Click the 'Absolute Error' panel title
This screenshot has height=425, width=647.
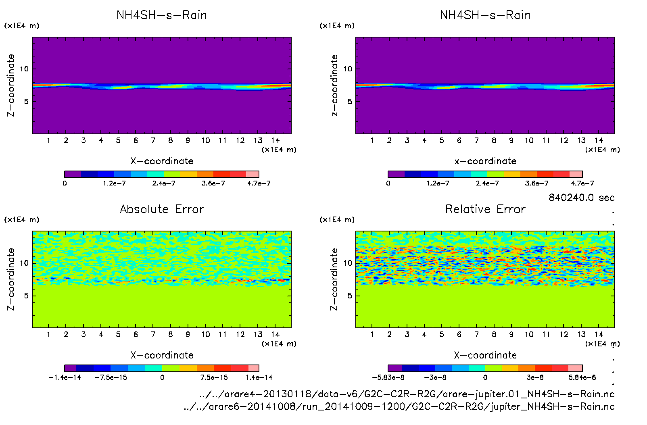(x=162, y=209)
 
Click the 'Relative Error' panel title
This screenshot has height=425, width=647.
(x=485, y=209)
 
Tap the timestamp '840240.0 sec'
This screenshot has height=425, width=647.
(x=581, y=198)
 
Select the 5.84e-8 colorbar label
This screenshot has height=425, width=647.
(x=582, y=377)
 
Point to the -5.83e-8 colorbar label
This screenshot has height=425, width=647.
(x=388, y=377)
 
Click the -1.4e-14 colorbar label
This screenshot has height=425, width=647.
(x=65, y=377)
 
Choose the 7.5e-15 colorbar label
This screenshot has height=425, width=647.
(x=214, y=377)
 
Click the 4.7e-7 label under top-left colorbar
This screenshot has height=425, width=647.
(x=259, y=183)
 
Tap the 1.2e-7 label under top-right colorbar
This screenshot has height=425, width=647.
(x=438, y=183)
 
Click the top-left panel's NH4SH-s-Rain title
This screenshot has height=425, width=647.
(x=162, y=15)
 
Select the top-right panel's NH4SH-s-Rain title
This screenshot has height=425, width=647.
(x=485, y=15)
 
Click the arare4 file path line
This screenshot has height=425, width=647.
(x=407, y=394)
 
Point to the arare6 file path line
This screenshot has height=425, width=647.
(x=399, y=406)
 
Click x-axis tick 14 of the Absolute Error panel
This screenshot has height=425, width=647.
(x=275, y=334)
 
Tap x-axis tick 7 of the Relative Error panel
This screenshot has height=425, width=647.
(x=476, y=334)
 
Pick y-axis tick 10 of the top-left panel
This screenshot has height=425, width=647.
(x=24, y=69)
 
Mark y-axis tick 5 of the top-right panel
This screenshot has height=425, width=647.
(x=350, y=102)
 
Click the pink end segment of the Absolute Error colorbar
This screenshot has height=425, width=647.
(x=253, y=368)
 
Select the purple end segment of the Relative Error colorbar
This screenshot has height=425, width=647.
(x=395, y=368)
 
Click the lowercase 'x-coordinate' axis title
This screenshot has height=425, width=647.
(x=485, y=161)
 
